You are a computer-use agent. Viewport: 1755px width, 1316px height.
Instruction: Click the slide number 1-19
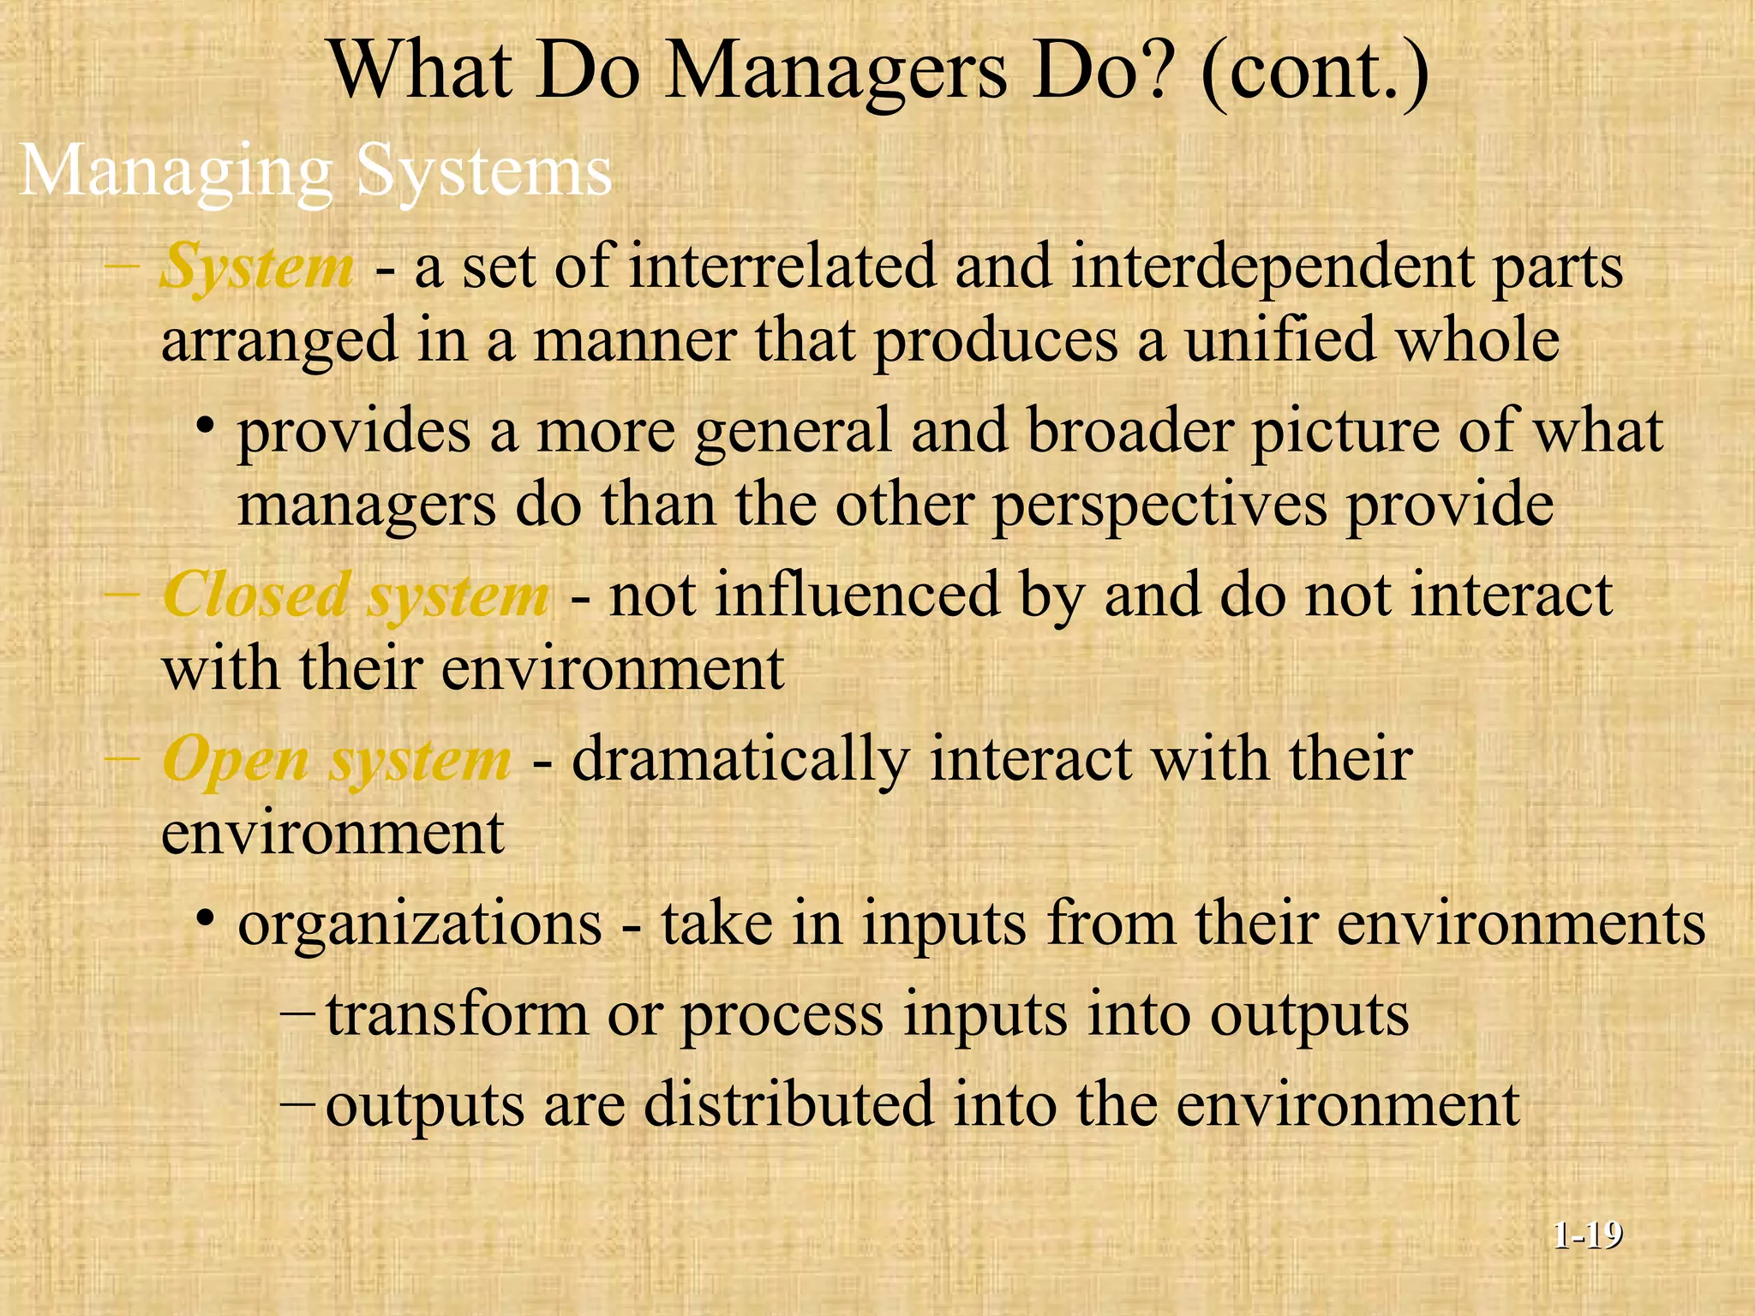pyautogui.click(x=1588, y=1235)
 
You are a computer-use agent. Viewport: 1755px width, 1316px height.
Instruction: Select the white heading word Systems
pyautogui.click(x=484, y=170)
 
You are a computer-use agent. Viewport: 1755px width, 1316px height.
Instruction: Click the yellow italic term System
pyautogui.click(x=257, y=267)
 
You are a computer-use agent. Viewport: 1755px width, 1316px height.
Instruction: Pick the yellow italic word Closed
pyautogui.click(x=256, y=595)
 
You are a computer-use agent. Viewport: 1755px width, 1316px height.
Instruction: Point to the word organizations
pyautogui.click(x=420, y=924)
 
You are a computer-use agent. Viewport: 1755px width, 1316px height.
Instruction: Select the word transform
pyautogui.click(x=457, y=1014)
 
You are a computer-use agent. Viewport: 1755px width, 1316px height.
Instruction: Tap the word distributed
pyautogui.click(x=788, y=1104)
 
